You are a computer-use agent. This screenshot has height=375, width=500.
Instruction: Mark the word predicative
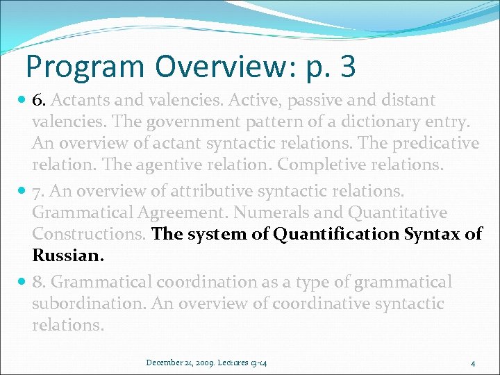click(x=438, y=143)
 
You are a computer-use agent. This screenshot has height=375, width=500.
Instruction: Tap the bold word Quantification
click(x=337, y=234)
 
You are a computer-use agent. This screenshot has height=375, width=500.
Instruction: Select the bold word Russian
click(x=67, y=256)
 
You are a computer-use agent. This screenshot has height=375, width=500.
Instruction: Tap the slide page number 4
click(x=472, y=362)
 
